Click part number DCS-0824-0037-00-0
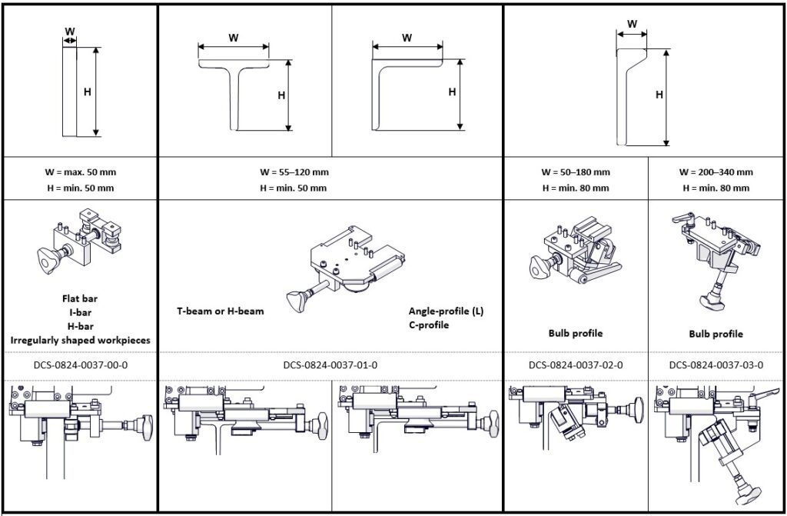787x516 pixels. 80,365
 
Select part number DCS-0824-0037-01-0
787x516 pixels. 330,365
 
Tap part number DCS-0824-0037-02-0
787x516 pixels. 576,365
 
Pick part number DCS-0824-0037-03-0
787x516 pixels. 716,365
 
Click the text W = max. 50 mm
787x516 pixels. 80,172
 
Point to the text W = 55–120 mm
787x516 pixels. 294,172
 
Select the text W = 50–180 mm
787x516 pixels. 576,172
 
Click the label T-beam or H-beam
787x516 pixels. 220,311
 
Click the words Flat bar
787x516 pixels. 80,298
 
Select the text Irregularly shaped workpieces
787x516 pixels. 80,339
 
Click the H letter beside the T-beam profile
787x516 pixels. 281,96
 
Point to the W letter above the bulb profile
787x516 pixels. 632,24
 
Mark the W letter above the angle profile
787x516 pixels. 407,37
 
